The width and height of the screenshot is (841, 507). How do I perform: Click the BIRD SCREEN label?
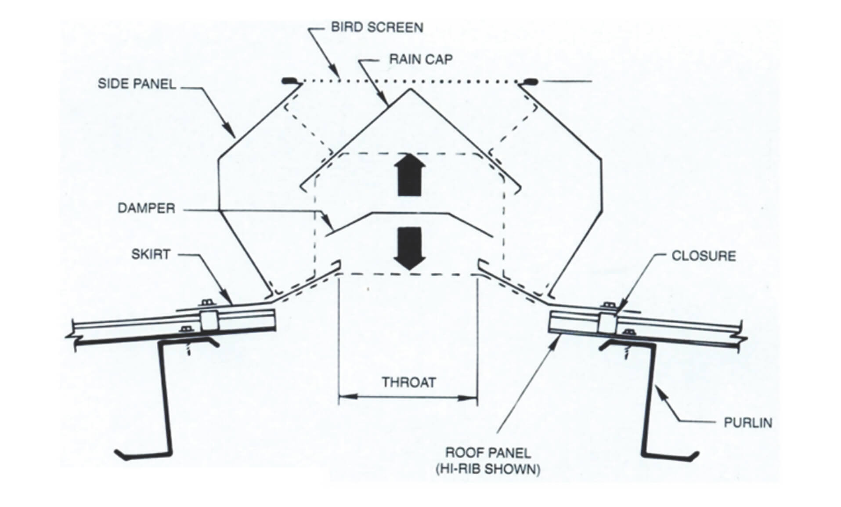[377, 27]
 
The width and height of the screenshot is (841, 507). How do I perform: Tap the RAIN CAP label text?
[421, 59]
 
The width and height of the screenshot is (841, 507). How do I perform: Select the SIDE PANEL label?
[137, 84]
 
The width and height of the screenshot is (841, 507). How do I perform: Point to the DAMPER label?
[146, 208]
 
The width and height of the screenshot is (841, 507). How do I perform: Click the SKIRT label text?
[151, 254]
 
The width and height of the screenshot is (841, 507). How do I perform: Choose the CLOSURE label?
[704, 256]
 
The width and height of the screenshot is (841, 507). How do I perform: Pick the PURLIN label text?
[747, 423]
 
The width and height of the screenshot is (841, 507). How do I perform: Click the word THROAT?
[408, 382]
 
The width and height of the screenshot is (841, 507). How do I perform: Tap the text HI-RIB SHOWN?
[488, 469]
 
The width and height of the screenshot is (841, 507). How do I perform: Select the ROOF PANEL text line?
[488, 453]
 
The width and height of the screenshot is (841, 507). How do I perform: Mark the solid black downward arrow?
[409, 249]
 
